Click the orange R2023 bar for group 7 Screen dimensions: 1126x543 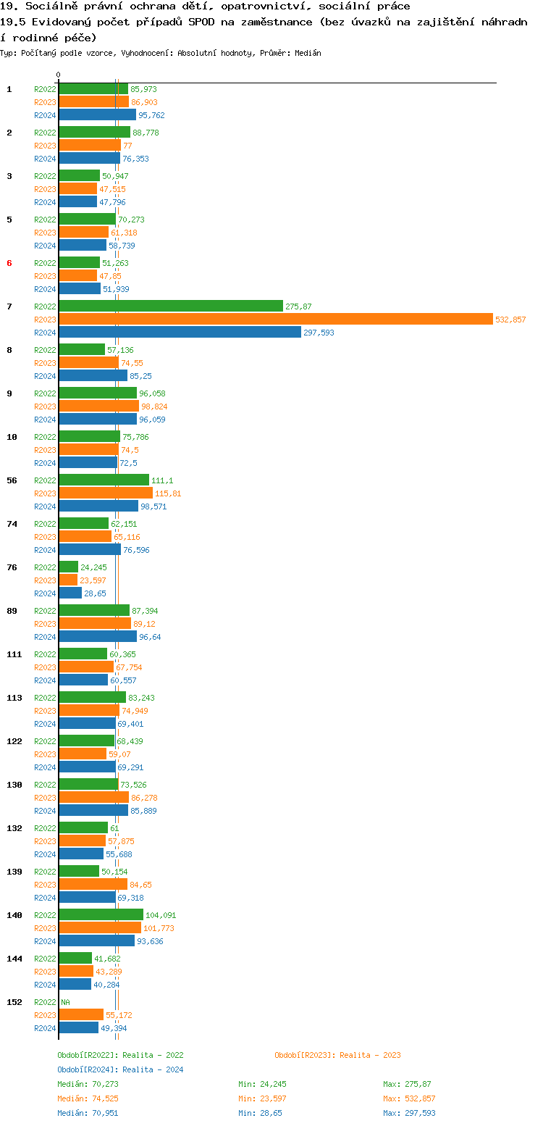pos(275,319)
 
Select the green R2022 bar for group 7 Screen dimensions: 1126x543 pos(171,306)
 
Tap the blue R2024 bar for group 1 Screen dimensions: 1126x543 pos(97,114)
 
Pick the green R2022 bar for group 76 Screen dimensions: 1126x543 pos(68,567)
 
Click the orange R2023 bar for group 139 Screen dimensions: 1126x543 pos(93,884)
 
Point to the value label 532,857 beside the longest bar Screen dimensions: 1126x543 pos(510,320)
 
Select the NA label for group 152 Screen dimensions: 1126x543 pos(65,1002)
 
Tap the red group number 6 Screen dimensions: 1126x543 pos(9,263)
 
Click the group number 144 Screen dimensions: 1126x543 pos(14,959)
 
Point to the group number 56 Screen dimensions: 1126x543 pos(12,480)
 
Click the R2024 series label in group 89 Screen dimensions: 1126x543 pos(45,637)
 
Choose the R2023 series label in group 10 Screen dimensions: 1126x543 pos(45,450)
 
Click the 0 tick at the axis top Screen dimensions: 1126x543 pos(59,75)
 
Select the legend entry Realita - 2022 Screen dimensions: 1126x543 pos(120,1055)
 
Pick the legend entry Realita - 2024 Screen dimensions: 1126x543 pos(120,1069)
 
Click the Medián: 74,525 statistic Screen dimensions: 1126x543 pos(88,1098)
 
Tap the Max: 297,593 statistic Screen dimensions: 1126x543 pos(409,1113)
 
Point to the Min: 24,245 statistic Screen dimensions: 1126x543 pos(262,1084)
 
